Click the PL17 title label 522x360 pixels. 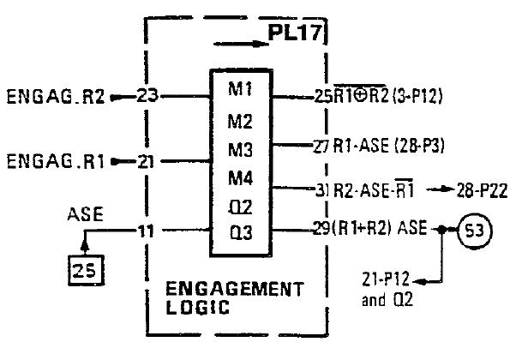click(293, 39)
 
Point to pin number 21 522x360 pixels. click(147, 160)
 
